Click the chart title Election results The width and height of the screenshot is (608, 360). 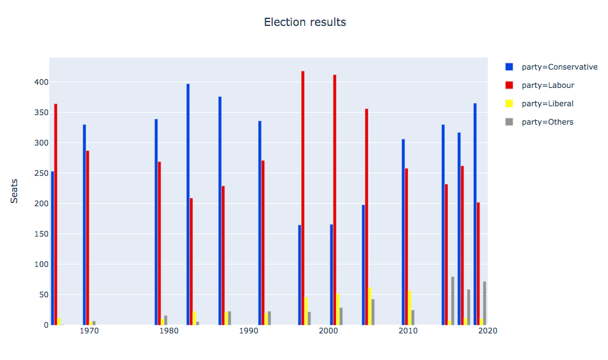304,22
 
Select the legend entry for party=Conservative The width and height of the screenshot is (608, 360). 559,67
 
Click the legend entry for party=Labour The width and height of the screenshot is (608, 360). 548,85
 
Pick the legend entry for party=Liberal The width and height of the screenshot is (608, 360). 547,104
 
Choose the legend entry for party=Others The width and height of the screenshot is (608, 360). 547,122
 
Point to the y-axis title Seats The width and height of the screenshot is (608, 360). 14,191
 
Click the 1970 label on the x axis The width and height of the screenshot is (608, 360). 89,331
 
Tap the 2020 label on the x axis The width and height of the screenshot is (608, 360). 488,331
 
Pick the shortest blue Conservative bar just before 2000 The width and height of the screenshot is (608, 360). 299,275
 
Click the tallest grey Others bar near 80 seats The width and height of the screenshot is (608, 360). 453,301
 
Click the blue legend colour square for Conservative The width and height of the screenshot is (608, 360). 509,67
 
